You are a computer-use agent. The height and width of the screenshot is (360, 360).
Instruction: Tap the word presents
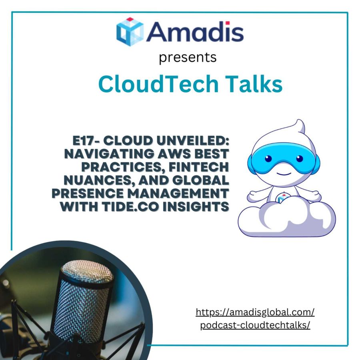[x=188, y=57]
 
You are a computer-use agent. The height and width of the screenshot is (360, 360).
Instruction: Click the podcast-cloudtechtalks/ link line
[x=255, y=324]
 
